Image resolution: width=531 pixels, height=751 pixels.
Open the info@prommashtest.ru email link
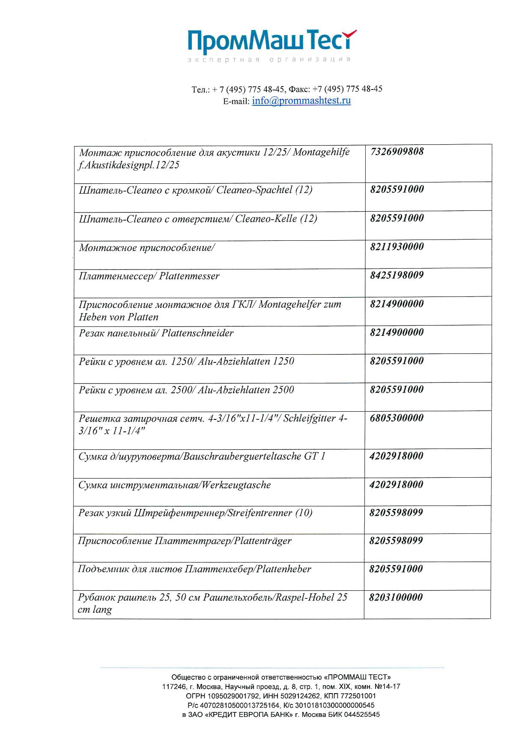(x=301, y=101)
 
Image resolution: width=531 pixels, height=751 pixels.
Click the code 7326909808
(x=397, y=151)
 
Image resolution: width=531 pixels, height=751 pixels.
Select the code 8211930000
(x=397, y=247)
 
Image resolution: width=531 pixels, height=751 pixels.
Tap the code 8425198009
(x=397, y=275)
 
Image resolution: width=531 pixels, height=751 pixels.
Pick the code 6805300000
(x=396, y=418)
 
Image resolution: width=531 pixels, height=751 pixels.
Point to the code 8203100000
(x=396, y=597)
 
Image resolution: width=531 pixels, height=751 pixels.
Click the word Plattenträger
(x=262, y=541)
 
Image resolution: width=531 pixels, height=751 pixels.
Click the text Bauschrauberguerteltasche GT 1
(x=254, y=457)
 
